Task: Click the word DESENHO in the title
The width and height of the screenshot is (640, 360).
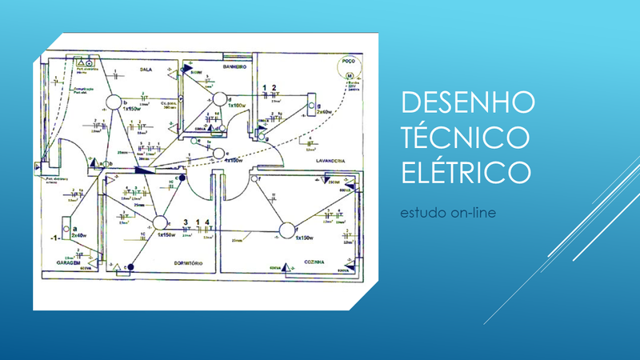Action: (x=466, y=102)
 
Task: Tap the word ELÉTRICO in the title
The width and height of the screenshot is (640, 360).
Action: (x=466, y=171)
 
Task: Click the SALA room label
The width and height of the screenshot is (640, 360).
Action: (x=146, y=70)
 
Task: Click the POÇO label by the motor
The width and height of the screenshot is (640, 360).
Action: (x=347, y=60)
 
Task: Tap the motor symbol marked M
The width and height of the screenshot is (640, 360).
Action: (x=350, y=75)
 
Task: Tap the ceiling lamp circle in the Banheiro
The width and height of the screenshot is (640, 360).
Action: (x=218, y=99)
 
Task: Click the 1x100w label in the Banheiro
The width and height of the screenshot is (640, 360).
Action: (x=237, y=105)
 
